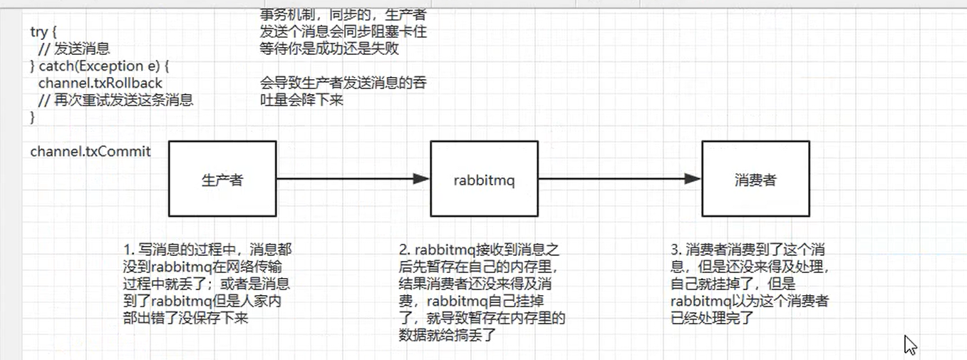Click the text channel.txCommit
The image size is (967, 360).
click(91, 152)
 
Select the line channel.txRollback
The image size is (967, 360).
click(100, 83)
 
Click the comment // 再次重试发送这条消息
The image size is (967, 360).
click(115, 101)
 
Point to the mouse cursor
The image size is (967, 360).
click(910, 345)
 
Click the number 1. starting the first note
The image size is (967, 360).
click(128, 250)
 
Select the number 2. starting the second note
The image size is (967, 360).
click(404, 250)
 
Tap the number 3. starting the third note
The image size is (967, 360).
click(676, 250)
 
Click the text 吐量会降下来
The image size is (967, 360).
click(302, 101)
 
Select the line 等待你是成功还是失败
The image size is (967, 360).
click(329, 49)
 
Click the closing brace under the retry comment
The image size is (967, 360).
click(32, 118)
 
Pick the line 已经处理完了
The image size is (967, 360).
click(713, 319)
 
